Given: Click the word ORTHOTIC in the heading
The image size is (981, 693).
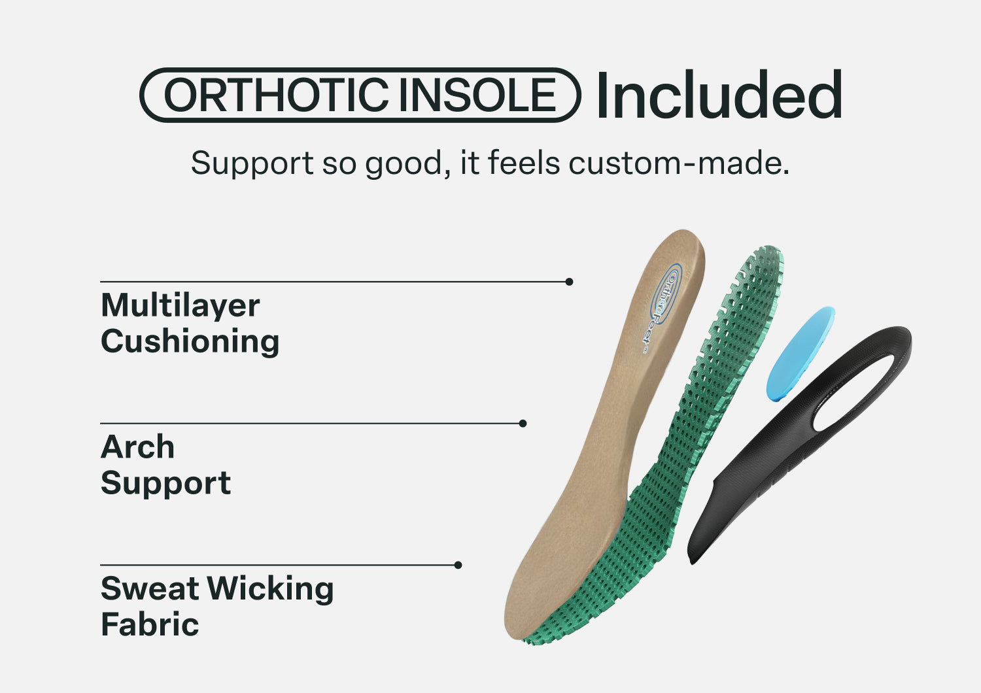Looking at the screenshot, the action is [276, 95].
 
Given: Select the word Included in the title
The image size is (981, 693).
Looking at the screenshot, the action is [719, 94].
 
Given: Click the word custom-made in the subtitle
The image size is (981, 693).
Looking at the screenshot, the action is [679, 163].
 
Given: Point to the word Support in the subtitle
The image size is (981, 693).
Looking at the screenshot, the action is [252, 164].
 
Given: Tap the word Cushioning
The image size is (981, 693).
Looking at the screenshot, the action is [190, 341].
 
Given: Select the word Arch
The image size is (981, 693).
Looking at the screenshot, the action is [137, 447].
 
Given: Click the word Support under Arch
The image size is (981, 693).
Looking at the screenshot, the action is [166, 483].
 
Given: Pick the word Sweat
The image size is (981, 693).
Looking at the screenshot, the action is [150, 589].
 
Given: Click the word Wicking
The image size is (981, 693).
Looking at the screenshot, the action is [270, 589].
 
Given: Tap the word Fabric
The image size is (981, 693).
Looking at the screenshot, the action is [150, 624].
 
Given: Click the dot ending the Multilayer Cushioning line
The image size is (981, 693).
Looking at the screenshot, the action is [570, 282].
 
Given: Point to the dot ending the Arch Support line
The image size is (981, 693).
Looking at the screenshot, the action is [523, 424].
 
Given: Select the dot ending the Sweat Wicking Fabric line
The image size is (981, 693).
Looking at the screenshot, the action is [458, 565].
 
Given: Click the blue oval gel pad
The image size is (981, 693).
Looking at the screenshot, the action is [800, 353].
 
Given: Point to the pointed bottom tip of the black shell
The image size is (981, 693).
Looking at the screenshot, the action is [691, 562].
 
